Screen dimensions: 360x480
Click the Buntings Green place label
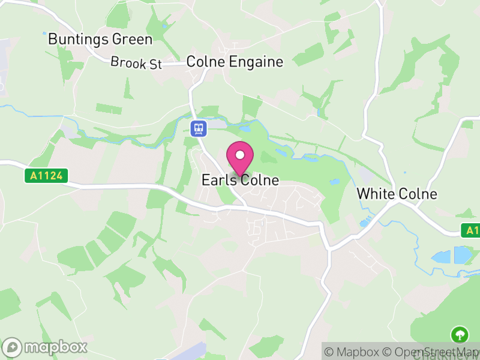point(100,40)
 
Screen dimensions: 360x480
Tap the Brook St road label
point(136,62)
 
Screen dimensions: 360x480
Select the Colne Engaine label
point(235,61)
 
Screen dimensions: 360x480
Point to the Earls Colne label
point(240,180)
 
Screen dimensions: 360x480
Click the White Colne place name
point(397,194)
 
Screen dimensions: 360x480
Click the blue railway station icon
point(199,128)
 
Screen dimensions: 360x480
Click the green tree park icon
point(460,334)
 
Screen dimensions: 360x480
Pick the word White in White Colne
point(374,194)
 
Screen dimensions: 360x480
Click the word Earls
point(218,180)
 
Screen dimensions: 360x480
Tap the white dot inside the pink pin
point(240,155)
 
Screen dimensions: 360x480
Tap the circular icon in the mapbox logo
point(13,347)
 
